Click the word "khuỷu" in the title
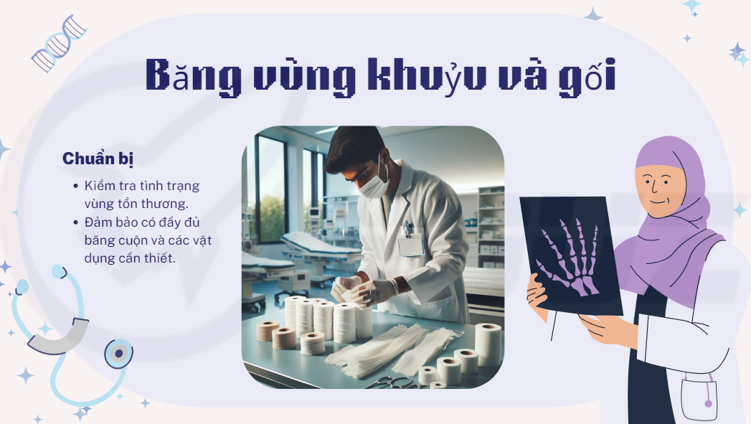(x=426, y=76)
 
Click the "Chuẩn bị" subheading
(x=98, y=159)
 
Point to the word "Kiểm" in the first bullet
(x=100, y=185)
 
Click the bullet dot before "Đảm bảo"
(x=76, y=222)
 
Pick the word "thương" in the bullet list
(x=170, y=204)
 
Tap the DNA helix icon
(x=59, y=44)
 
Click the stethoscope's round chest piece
(x=119, y=354)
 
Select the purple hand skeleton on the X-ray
(x=571, y=255)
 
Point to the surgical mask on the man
(x=372, y=184)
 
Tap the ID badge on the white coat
(x=411, y=245)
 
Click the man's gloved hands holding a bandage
(x=364, y=291)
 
